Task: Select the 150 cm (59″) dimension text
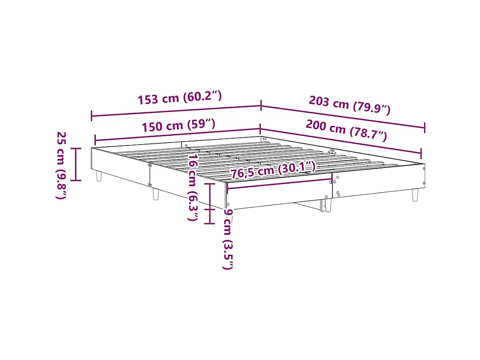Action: pyautogui.click(x=179, y=125)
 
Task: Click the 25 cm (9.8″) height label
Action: pyautogui.click(x=61, y=165)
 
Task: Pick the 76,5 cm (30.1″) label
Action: pyautogui.click(x=273, y=170)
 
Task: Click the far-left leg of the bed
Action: pyautogui.click(x=99, y=176)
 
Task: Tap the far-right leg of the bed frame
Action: pyautogui.click(x=415, y=195)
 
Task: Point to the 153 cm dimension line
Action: pyautogui.click(x=176, y=110)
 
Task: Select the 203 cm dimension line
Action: pyautogui.click(x=343, y=116)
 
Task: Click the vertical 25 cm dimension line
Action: pyautogui.click(x=76, y=165)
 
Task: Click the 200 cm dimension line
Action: pyautogui.click(x=340, y=140)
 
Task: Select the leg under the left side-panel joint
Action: pyautogui.click(x=156, y=195)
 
